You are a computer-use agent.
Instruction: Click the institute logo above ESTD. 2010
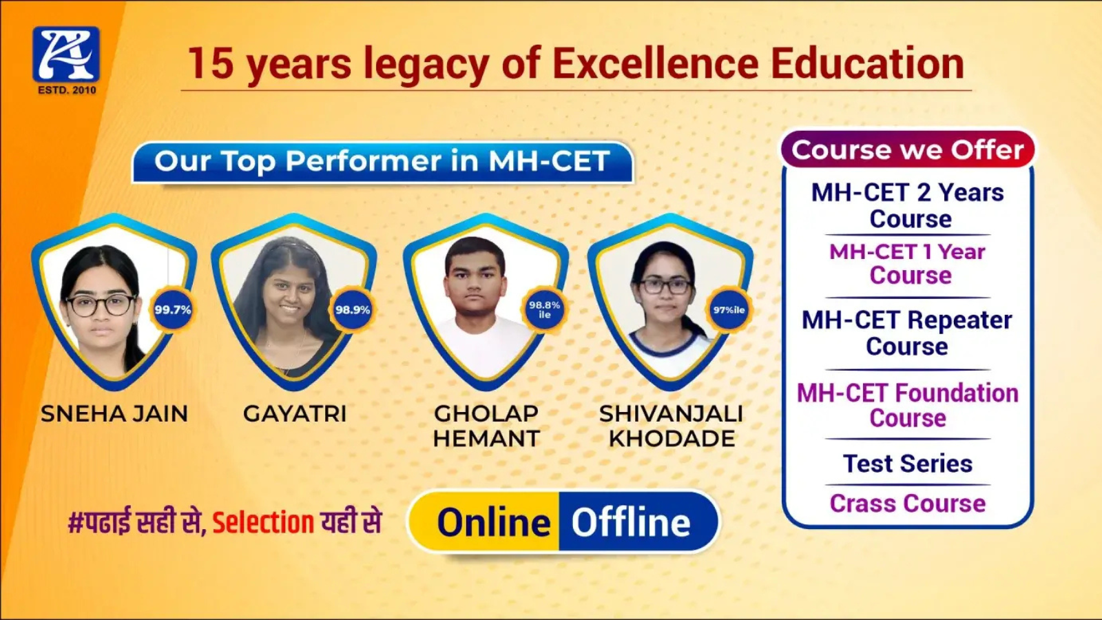(x=66, y=54)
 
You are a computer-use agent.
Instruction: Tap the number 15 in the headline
(x=211, y=63)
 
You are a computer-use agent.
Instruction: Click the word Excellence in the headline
(x=655, y=63)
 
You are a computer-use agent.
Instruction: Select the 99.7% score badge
(x=173, y=309)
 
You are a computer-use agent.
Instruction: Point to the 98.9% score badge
(x=353, y=309)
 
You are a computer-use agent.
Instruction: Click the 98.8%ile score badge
(x=545, y=309)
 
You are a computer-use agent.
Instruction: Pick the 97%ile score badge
(x=729, y=309)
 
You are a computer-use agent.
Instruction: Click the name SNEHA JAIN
(x=114, y=414)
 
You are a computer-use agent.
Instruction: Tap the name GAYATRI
(x=295, y=414)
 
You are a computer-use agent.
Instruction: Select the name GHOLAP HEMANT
(x=486, y=426)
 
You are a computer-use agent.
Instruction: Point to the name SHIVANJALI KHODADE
(x=672, y=426)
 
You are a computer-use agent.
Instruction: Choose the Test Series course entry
(x=908, y=464)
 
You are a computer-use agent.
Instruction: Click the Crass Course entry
(x=908, y=504)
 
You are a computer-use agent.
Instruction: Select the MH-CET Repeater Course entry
(x=907, y=333)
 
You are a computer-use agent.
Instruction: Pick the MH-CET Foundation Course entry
(x=908, y=406)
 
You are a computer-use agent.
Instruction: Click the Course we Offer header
(x=908, y=149)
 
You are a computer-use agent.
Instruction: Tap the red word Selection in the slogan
(x=263, y=522)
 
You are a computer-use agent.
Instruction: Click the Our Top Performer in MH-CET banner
(x=382, y=162)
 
